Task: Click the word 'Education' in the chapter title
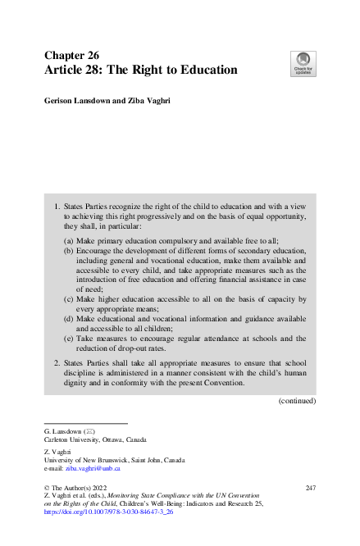[x=203, y=71]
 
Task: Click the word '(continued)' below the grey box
[x=297, y=401]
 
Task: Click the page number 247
[x=310, y=488]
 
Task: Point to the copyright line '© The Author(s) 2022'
[x=77, y=488]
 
